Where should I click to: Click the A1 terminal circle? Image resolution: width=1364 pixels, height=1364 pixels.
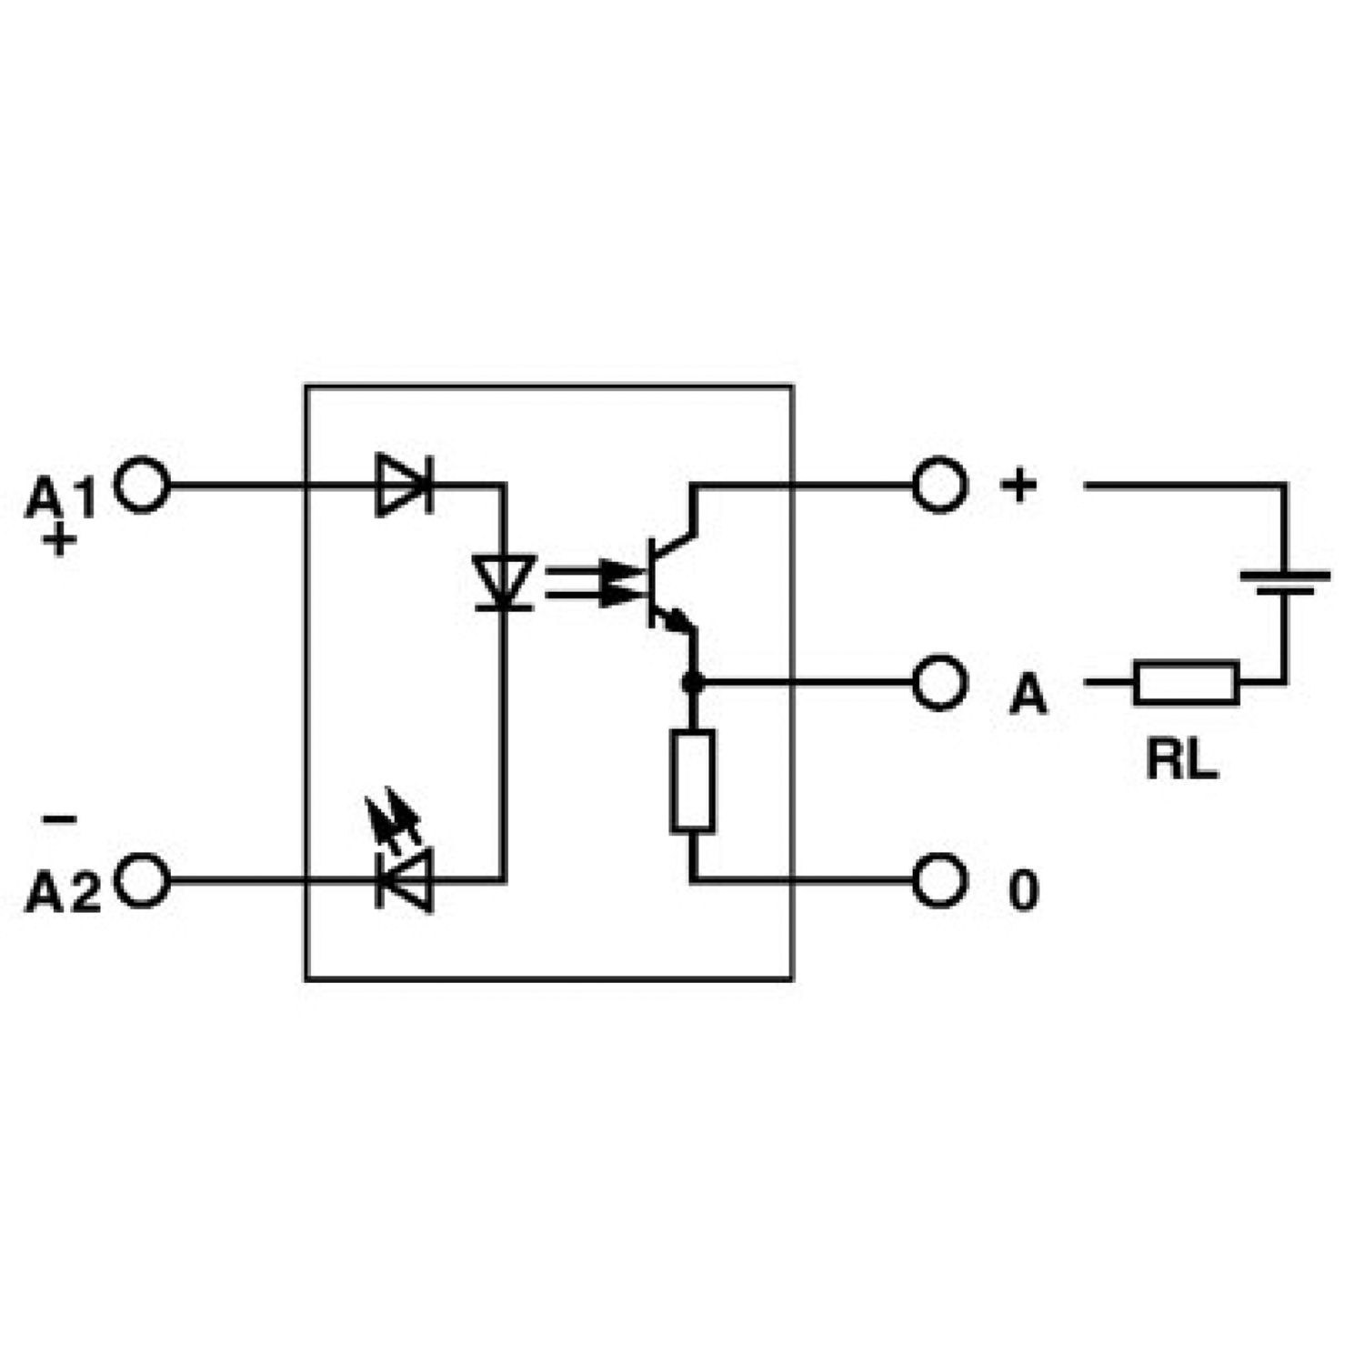coord(144,486)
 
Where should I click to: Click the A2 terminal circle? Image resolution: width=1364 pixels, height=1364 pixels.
coord(144,880)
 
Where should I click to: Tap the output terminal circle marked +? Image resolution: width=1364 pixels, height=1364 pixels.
coord(938,486)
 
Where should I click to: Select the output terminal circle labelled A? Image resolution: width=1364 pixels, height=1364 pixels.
coord(938,682)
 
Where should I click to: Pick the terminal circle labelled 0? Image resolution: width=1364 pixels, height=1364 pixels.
coord(938,880)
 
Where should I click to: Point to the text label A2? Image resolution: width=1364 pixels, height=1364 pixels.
coord(62,892)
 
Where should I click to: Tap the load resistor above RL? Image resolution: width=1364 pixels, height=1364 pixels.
coord(1186,683)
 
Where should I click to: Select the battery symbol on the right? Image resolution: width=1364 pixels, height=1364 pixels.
coord(1284,582)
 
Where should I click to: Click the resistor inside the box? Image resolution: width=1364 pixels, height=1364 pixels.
coord(692,780)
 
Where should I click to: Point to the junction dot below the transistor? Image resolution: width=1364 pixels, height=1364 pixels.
coord(692,682)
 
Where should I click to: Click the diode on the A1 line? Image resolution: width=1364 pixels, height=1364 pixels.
coord(404,486)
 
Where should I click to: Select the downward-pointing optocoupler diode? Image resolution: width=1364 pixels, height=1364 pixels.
coord(504,582)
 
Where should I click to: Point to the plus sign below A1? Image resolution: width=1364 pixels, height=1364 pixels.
coord(60,542)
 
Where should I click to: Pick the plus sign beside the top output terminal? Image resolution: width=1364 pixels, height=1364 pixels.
coord(1018,485)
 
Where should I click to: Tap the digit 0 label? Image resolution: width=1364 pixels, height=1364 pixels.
coord(1023,890)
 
